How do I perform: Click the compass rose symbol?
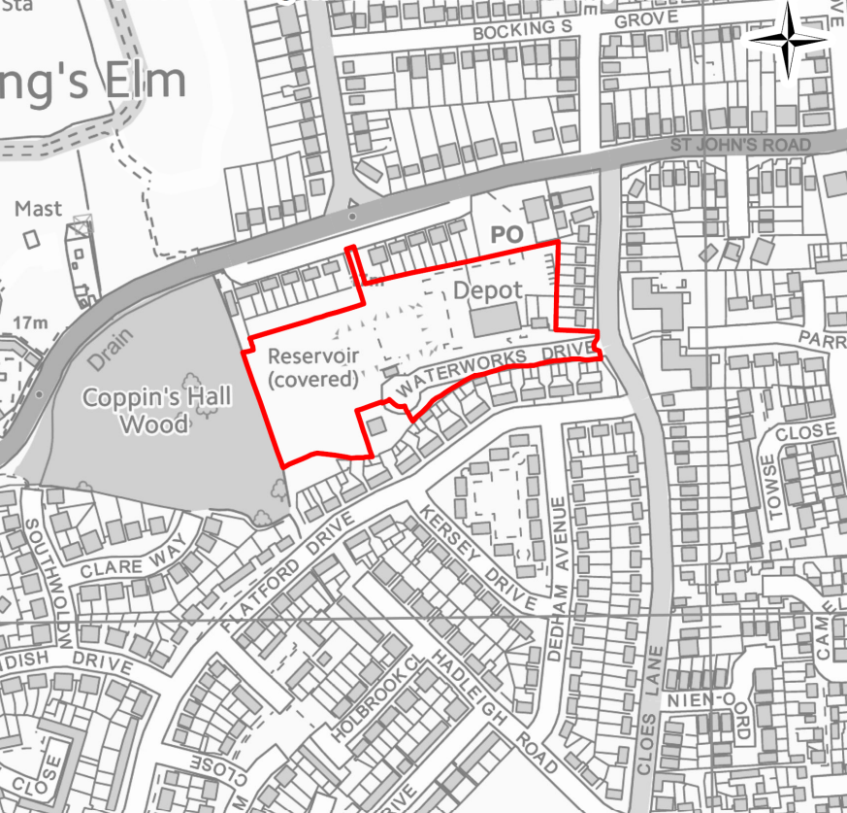[788, 37]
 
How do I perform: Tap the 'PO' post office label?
[506, 234]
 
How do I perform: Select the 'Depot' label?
[488, 290]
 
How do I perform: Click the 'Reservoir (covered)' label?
[312, 367]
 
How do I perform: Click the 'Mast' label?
[38, 209]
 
